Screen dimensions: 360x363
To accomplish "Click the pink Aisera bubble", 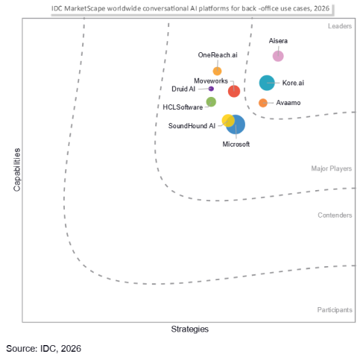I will pos(278,56).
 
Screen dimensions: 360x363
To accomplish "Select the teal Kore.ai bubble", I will pos(267,83).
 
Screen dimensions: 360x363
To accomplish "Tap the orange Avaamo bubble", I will pos(263,103).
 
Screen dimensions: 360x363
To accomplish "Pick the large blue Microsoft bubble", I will pos(236,124).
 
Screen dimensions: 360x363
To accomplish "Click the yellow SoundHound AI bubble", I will pos(228,121).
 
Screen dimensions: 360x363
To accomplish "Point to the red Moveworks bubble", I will pos(234,91).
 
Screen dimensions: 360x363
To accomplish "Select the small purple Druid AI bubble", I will pos(211,89).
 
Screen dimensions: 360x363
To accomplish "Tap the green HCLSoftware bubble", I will pos(211,102).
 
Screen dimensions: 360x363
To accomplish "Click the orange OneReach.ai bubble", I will pos(217,71).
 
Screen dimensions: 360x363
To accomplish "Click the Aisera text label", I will pos(278,41).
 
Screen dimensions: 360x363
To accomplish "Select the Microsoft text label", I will pos(236,144).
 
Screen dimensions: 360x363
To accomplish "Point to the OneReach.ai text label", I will pos(218,55).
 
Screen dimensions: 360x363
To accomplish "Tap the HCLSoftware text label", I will pos(183,107).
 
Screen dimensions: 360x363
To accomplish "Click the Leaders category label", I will pos(340,27).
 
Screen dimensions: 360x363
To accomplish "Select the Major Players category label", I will pos(332,168).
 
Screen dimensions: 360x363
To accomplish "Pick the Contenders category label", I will pos(335,215).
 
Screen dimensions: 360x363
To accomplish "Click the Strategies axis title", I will pos(190,329).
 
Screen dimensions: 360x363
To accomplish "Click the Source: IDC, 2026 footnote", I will pos(44,348).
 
